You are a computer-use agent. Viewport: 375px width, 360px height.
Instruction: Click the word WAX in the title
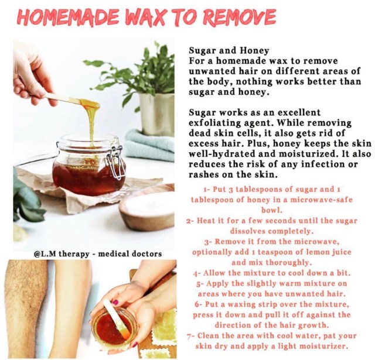(146, 18)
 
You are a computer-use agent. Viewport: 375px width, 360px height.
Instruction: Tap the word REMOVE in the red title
(240, 17)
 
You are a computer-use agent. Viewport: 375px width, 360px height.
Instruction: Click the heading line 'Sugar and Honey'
(229, 50)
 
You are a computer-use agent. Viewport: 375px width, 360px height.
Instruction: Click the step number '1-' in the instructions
(207, 190)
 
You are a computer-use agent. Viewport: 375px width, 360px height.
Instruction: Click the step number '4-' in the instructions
(197, 273)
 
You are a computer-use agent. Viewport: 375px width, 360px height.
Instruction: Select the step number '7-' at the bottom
(191, 336)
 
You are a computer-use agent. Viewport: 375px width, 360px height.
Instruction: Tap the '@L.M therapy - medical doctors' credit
(98, 253)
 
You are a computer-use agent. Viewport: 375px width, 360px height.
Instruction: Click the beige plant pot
(157, 114)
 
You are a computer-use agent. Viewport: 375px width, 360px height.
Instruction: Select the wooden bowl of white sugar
(147, 211)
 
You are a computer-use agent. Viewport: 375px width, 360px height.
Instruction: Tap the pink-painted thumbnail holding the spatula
(115, 303)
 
